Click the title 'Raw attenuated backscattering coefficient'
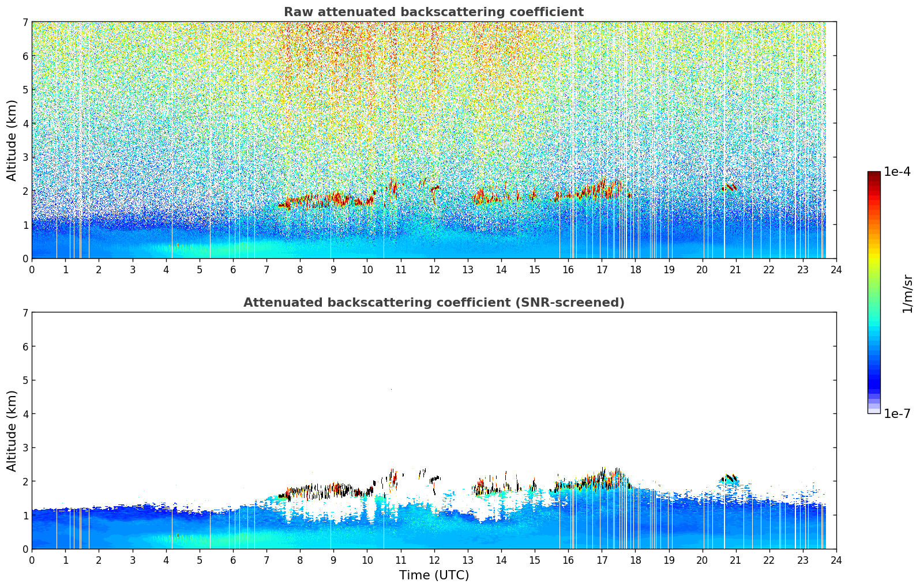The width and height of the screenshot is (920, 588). coord(433,12)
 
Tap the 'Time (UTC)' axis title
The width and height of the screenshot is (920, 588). coord(434,575)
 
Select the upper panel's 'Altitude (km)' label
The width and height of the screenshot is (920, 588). coord(12,140)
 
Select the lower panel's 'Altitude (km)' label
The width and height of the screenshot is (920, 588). coord(12,431)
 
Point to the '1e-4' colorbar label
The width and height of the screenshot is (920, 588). coord(897,172)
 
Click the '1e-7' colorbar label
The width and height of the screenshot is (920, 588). coord(897,413)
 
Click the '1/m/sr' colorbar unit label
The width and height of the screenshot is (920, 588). coord(907,293)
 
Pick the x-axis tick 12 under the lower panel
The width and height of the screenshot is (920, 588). coord(434,560)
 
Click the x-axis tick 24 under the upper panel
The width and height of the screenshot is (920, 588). coord(836,270)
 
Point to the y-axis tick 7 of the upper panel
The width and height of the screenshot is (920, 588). coord(25,22)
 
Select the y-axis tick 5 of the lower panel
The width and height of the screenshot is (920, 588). coord(25,380)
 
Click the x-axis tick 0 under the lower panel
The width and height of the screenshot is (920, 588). coord(32,560)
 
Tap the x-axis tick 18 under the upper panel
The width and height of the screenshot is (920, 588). coord(635,270)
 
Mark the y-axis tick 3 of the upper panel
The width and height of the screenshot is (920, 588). coord(25,157)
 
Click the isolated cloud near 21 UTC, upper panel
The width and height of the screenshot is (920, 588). coord(729,187)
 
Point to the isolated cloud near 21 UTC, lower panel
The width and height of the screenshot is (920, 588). coord(730,478)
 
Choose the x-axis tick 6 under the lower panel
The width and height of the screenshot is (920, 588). coord(233,560)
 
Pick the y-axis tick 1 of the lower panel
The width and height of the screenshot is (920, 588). coord(25,515)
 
